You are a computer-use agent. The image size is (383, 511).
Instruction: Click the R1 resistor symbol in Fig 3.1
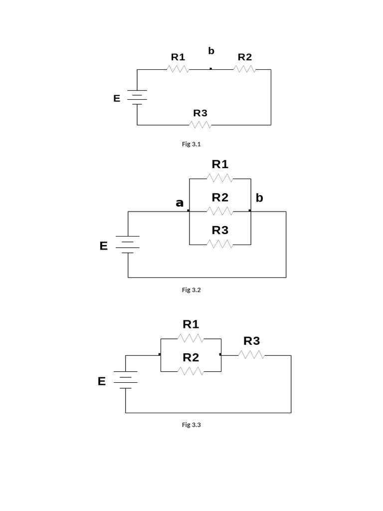(178, 69)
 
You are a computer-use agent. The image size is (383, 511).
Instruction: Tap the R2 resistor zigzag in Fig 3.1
(244, 69)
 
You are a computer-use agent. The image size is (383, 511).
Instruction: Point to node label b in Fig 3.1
(211, 51)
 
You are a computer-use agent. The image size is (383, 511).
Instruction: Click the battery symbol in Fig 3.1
(137, 97)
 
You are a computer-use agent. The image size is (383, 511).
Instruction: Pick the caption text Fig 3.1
(191, 144)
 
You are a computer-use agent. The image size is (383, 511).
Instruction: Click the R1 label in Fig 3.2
(220, 164)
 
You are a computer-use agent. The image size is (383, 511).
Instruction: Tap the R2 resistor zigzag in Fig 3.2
(220, 212)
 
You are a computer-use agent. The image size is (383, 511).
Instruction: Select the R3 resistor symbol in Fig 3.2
(220, 245)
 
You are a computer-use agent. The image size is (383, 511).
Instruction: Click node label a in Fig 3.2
(180, 203)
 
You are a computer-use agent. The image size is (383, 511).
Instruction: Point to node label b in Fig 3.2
(259, 198)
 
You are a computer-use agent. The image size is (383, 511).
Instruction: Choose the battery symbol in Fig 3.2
(128, 245)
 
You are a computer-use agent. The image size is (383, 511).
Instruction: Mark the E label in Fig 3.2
(104, 246)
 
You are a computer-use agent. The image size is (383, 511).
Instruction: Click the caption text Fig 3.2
(191, 290)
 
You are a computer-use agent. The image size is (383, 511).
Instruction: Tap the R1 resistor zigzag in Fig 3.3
(191, 339)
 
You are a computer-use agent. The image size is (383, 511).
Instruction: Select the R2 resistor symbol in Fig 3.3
(191, 371)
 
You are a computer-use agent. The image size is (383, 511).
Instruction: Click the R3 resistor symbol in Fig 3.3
(251, 355)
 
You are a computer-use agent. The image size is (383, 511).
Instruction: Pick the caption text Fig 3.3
(191, 425)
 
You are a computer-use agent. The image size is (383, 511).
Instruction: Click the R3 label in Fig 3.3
(251, 341)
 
